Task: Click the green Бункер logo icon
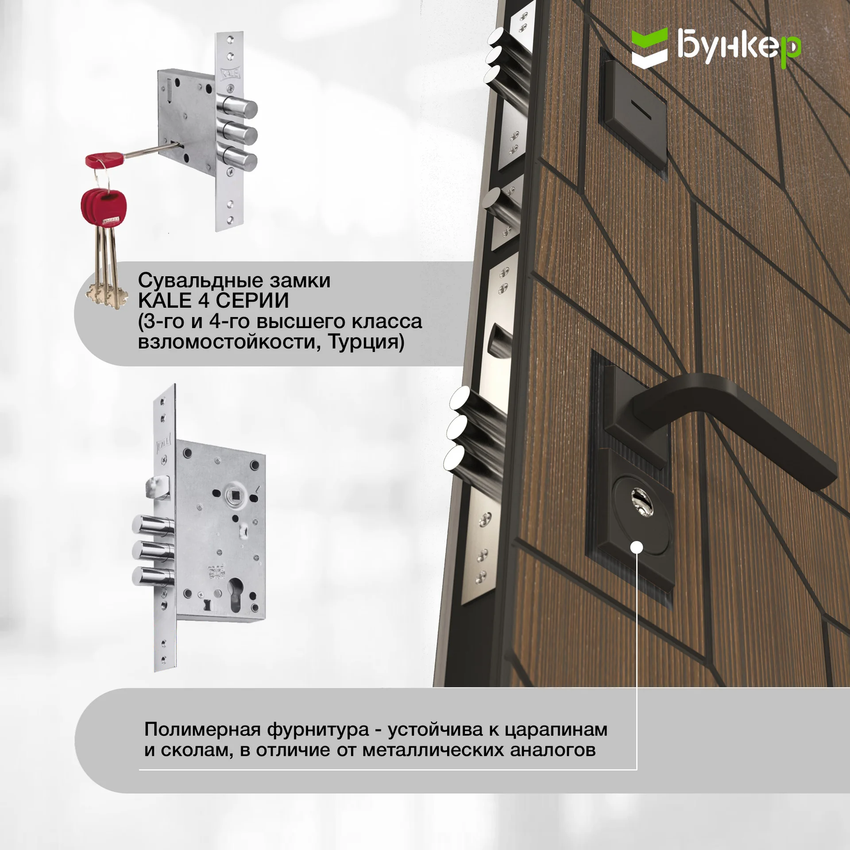tap(649, 48)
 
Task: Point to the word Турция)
tap(366, 342)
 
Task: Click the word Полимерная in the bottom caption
tap(202, 729)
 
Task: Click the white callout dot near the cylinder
tap(637, 548)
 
